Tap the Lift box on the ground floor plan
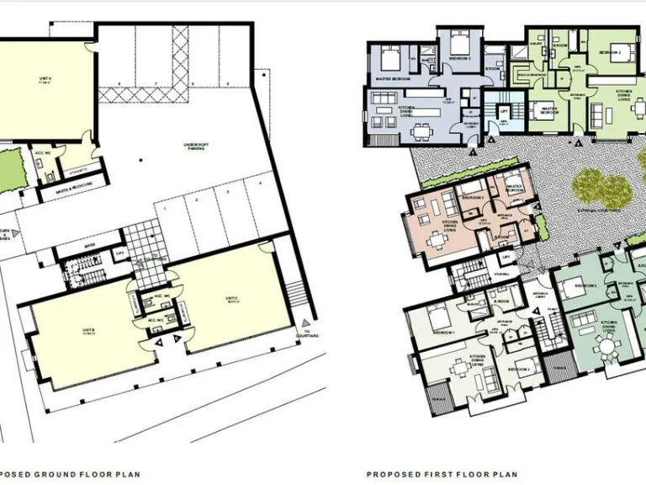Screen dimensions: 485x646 pos(119,253)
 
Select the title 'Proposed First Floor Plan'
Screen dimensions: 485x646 pos(442,474)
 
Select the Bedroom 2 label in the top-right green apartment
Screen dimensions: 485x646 pos(609,52)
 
